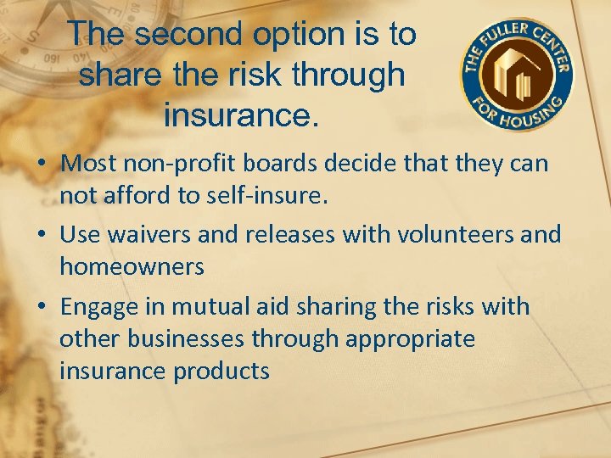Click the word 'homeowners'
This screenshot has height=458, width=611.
point(132,267)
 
